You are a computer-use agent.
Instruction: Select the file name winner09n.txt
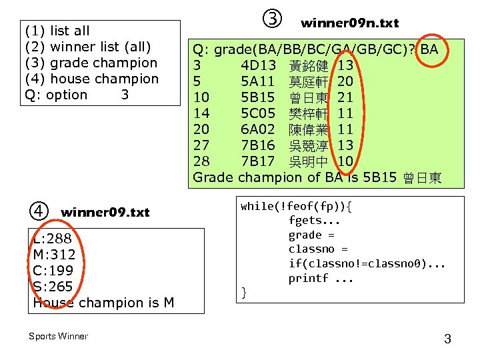point(349,23)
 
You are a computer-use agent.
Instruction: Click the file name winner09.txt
point(105,213)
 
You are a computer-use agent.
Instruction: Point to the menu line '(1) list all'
point(57,31)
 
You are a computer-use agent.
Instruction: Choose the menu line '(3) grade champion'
point(91,63)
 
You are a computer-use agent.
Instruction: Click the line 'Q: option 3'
point(76,95)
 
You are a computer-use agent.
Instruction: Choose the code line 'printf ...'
point(321,279)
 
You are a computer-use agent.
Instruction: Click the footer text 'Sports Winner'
point(58,336)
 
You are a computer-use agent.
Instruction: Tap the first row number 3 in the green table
point(197,66)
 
